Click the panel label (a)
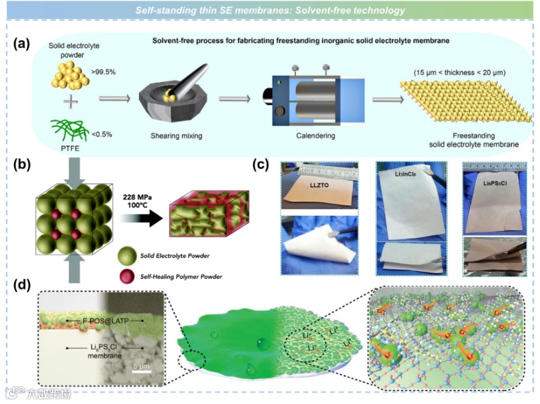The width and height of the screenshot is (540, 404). (22, 43)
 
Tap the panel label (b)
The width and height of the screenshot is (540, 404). (22, 166)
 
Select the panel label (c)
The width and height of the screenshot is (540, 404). (259, 165)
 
